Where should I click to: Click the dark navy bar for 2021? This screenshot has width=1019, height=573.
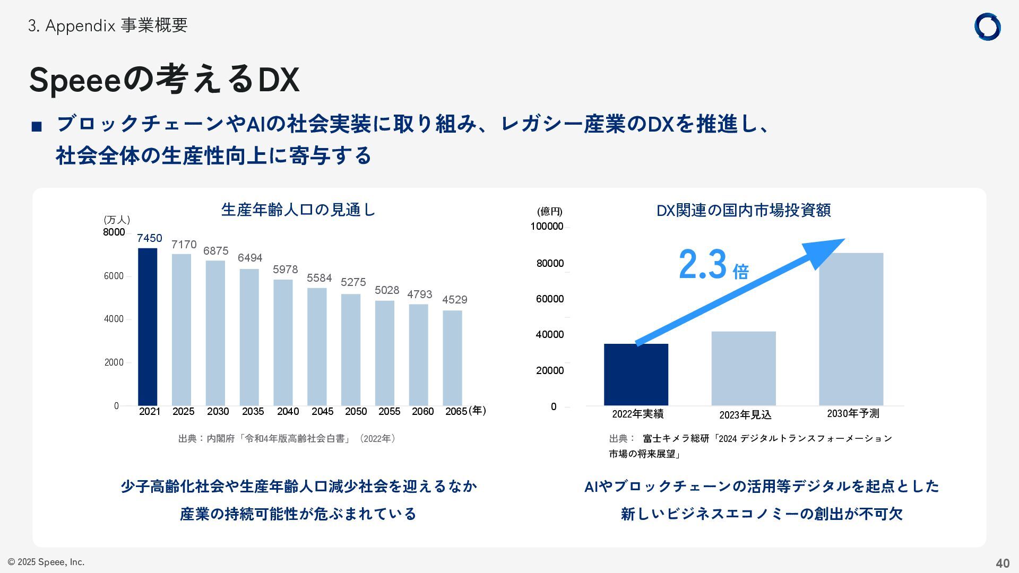148,326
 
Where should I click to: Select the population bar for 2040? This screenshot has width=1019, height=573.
283,342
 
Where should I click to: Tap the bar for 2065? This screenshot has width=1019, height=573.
452,358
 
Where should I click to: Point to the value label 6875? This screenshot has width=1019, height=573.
215,251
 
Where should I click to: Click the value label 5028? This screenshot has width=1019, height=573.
386,290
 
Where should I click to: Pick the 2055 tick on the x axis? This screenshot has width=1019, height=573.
389,412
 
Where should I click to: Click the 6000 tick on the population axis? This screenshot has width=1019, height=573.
114,276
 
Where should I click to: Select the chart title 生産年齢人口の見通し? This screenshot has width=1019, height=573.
298,210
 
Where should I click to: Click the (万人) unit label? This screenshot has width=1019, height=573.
117,220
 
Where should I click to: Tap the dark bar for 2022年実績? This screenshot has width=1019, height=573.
636,375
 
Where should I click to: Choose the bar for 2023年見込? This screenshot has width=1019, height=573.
743,368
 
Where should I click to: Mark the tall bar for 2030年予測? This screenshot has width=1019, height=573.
851,329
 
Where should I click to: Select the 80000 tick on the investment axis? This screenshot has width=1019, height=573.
550,264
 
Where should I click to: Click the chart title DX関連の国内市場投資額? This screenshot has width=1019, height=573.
743,211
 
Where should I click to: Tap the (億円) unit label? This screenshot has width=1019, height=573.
549,212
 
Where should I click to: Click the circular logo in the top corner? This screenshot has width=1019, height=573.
987,27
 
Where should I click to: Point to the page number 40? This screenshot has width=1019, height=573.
1002,563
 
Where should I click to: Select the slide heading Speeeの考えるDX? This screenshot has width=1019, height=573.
164,80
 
